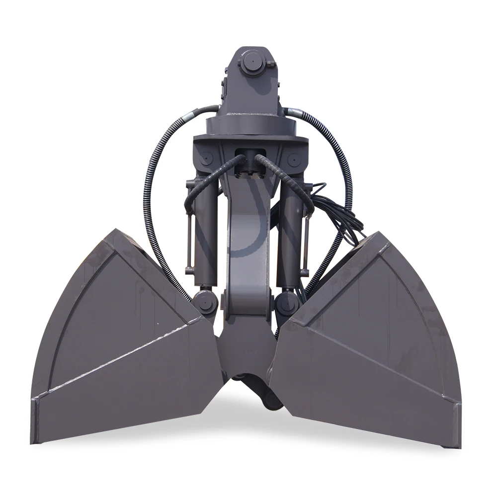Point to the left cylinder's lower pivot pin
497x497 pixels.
[204, 302]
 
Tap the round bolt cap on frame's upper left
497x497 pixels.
[206, 158]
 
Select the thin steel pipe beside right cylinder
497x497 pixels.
[307, 244]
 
